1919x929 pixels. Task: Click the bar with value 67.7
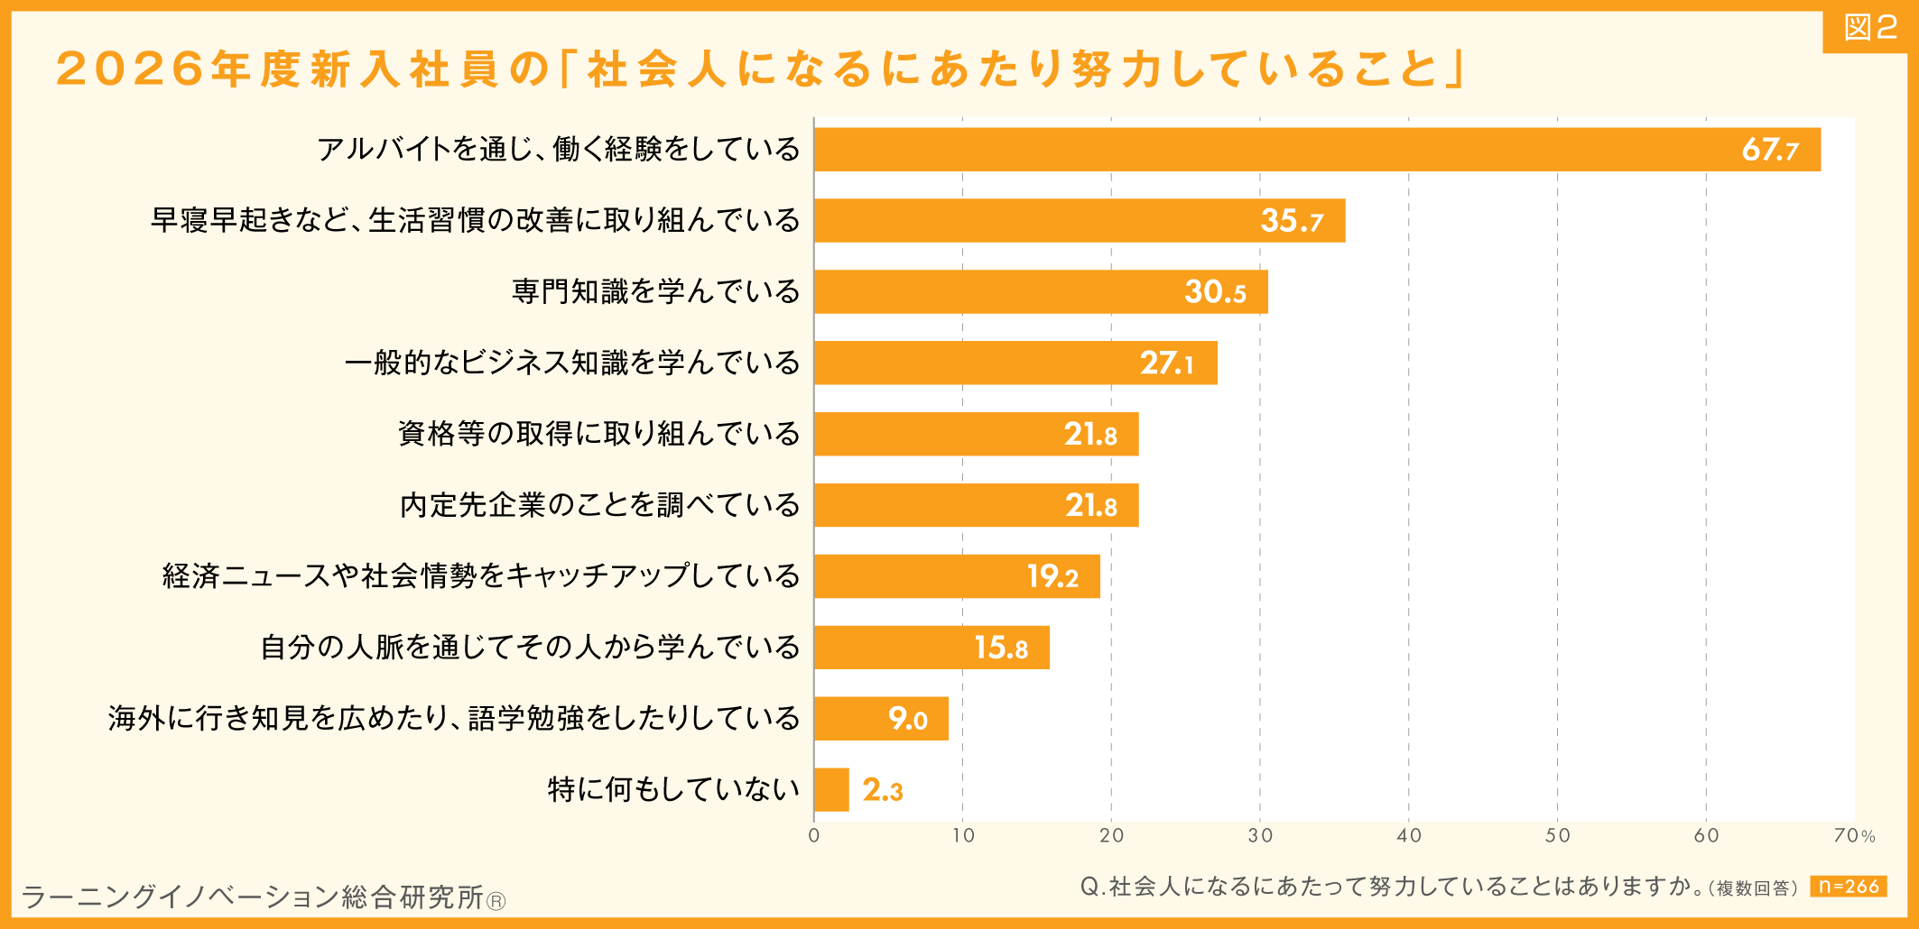coord(1316,150)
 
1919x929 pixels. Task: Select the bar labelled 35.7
coord(1079,221)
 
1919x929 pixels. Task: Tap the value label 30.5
coord(1215,292)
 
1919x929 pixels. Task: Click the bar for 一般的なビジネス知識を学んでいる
coord(1015,363)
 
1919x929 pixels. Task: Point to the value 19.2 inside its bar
coord(1052,576)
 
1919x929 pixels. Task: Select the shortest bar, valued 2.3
coord(831,790)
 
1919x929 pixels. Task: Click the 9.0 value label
coord(907,719)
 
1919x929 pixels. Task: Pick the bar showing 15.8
coord(931,648)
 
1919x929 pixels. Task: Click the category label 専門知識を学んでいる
coord(655,292)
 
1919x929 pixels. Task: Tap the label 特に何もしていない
coord(673,790)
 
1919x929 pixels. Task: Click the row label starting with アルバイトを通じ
coord(558,150)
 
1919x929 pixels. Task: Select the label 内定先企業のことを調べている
coord(599,505)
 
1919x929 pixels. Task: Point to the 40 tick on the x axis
coord(1408,836)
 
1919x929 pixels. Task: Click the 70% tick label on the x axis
coord(1854,836)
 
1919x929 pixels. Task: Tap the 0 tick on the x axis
coord(814,836)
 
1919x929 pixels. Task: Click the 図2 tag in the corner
coord(1869,29)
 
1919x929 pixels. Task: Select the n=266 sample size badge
coord(1848,887)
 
